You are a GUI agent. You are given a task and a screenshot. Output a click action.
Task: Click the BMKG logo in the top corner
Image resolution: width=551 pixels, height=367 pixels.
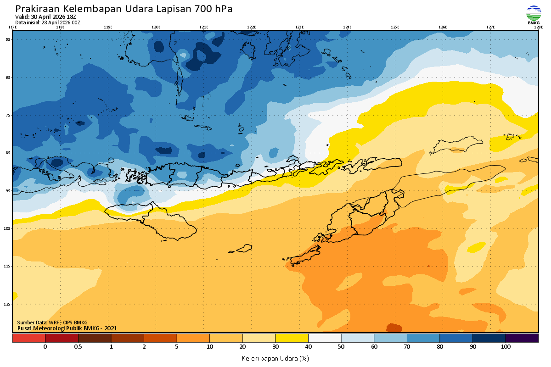point(534,14)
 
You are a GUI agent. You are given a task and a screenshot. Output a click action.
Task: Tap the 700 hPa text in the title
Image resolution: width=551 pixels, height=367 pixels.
point(216,9)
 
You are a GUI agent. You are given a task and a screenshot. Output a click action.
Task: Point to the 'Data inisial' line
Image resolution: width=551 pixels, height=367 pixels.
point(48,22)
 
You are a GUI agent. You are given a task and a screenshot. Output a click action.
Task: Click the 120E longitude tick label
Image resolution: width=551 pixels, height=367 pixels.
point(156,27)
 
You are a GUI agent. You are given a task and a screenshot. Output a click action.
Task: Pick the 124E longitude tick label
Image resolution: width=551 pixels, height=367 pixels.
point(347,27)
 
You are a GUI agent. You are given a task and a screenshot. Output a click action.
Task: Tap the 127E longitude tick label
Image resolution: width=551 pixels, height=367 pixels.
point(490,27)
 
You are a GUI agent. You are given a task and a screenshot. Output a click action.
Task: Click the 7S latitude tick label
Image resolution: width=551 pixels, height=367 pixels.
point(8,115)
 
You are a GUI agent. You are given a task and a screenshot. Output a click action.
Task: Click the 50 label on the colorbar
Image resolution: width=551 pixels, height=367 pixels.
point(341,347)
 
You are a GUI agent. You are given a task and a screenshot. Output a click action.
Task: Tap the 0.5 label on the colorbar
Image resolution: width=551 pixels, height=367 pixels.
point(78,347)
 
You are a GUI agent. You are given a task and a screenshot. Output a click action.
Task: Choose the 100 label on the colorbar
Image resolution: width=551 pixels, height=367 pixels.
point(506,347)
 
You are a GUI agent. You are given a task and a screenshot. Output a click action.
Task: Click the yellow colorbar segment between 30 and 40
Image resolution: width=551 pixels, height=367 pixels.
point(292,338)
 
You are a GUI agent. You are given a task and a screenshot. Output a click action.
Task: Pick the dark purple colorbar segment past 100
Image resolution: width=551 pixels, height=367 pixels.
point(522,338)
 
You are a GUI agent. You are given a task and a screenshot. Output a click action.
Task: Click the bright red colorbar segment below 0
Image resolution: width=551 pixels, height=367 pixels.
point(28,338)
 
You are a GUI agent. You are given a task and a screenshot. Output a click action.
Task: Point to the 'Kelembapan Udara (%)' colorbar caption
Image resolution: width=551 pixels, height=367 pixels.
point(275,358)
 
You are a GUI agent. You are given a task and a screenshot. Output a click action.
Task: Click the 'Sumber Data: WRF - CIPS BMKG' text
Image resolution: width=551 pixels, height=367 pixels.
point(52,323)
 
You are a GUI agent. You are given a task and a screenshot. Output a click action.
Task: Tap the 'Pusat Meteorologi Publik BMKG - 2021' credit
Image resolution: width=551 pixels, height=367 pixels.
point(67,328)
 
